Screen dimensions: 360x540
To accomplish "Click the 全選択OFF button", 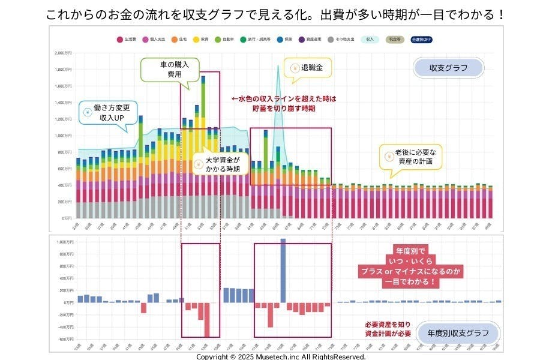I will coord(422,40).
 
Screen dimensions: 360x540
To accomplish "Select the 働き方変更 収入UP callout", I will coord(107,112).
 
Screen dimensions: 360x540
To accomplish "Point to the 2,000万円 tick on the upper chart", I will coord(62,53).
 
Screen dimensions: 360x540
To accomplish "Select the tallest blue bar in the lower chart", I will coord(283,270).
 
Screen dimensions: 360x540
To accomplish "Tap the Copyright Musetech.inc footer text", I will coord(281,356).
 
